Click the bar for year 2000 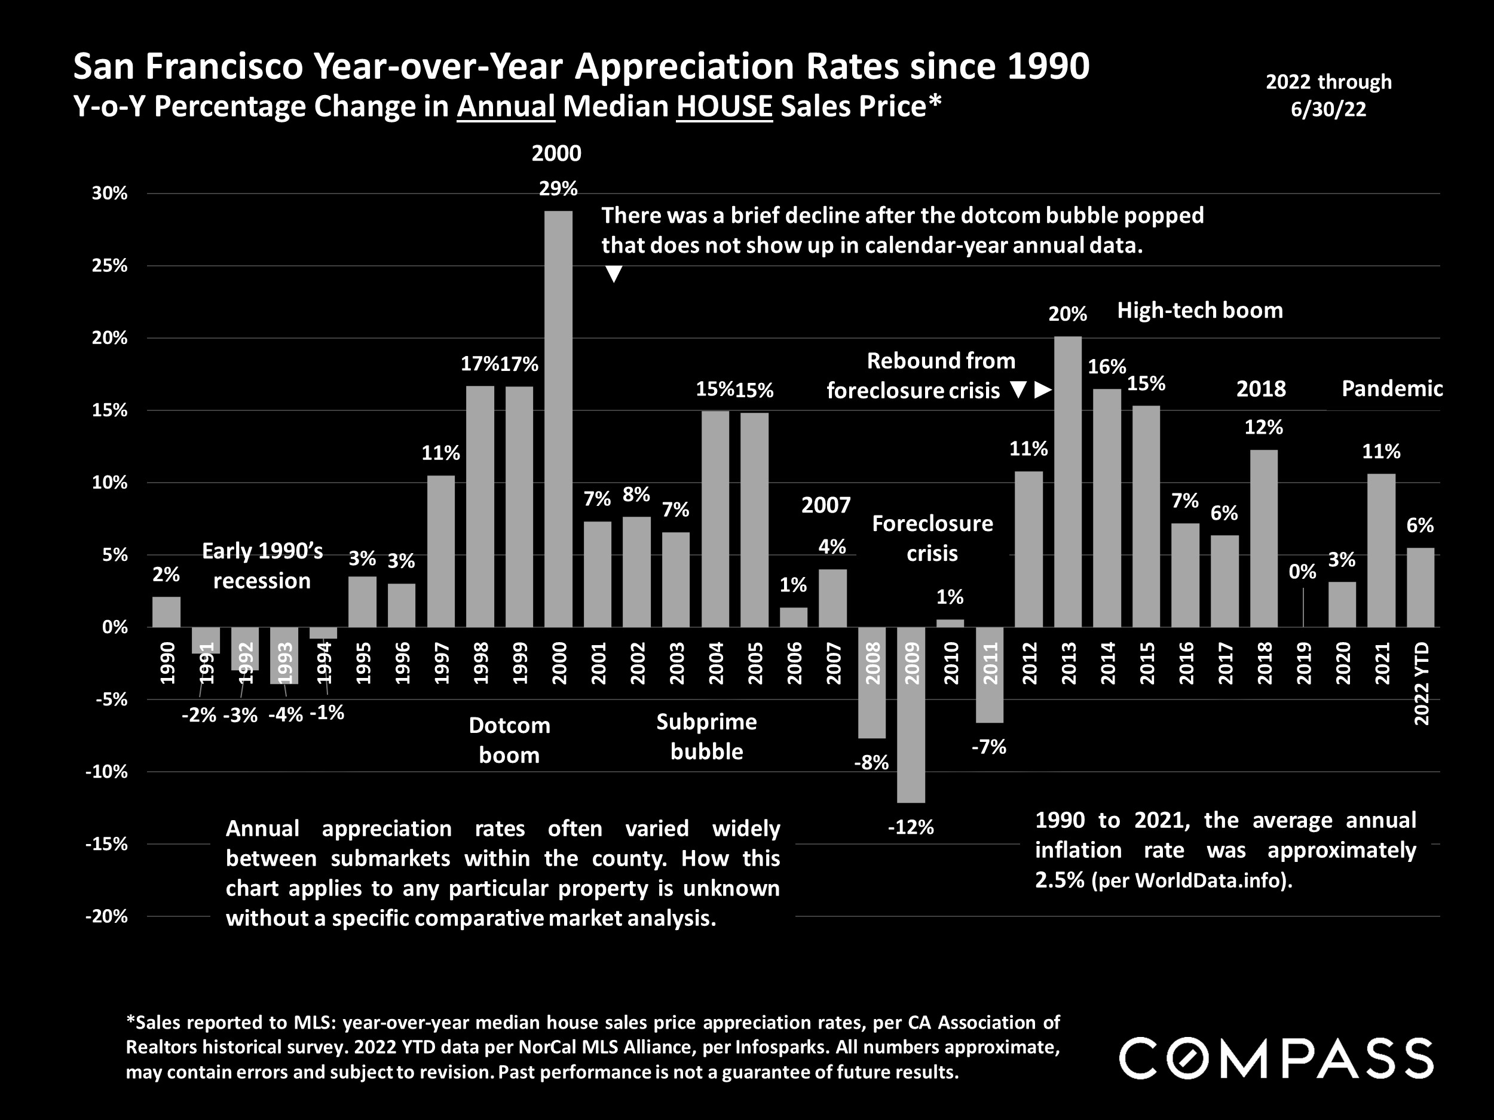point(559,419)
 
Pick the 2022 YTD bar point(1420,587)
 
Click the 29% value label point(558,189)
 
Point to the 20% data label point(1068,314)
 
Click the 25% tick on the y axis point(109,266)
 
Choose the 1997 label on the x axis point(442,663)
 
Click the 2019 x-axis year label point(1303,663)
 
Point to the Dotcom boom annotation point(509,740)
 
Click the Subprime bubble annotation point(706,737)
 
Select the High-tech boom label point(1199,311)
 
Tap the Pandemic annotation point(1391,389)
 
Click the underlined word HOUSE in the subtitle point(724,107)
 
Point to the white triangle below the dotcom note point(613,274)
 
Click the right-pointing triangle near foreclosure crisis point(1043,390)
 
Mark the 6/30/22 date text point(1328,109)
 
